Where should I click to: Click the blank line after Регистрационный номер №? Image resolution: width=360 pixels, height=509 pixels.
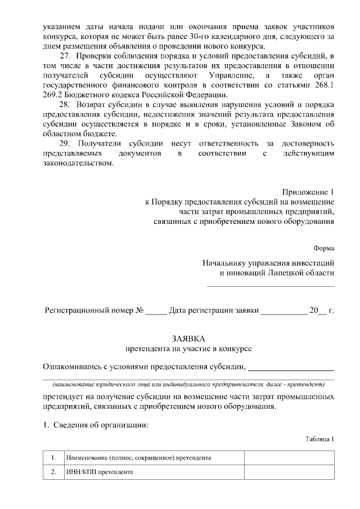(156, 311)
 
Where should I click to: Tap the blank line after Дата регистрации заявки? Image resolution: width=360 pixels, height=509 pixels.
(283, 311)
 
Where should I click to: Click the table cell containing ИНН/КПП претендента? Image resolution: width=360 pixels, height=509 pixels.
(153, 472)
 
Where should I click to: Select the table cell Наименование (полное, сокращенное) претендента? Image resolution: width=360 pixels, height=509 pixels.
(153, 458)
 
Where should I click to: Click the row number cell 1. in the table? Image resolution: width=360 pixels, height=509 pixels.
(53, 458)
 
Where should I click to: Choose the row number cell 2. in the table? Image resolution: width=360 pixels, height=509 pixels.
(53, 472)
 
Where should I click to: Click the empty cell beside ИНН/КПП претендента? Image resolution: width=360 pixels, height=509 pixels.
(289, 472)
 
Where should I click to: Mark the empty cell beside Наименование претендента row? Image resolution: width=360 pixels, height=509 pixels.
(289, 458)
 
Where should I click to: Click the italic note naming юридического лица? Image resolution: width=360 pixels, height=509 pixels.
(188, 385)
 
